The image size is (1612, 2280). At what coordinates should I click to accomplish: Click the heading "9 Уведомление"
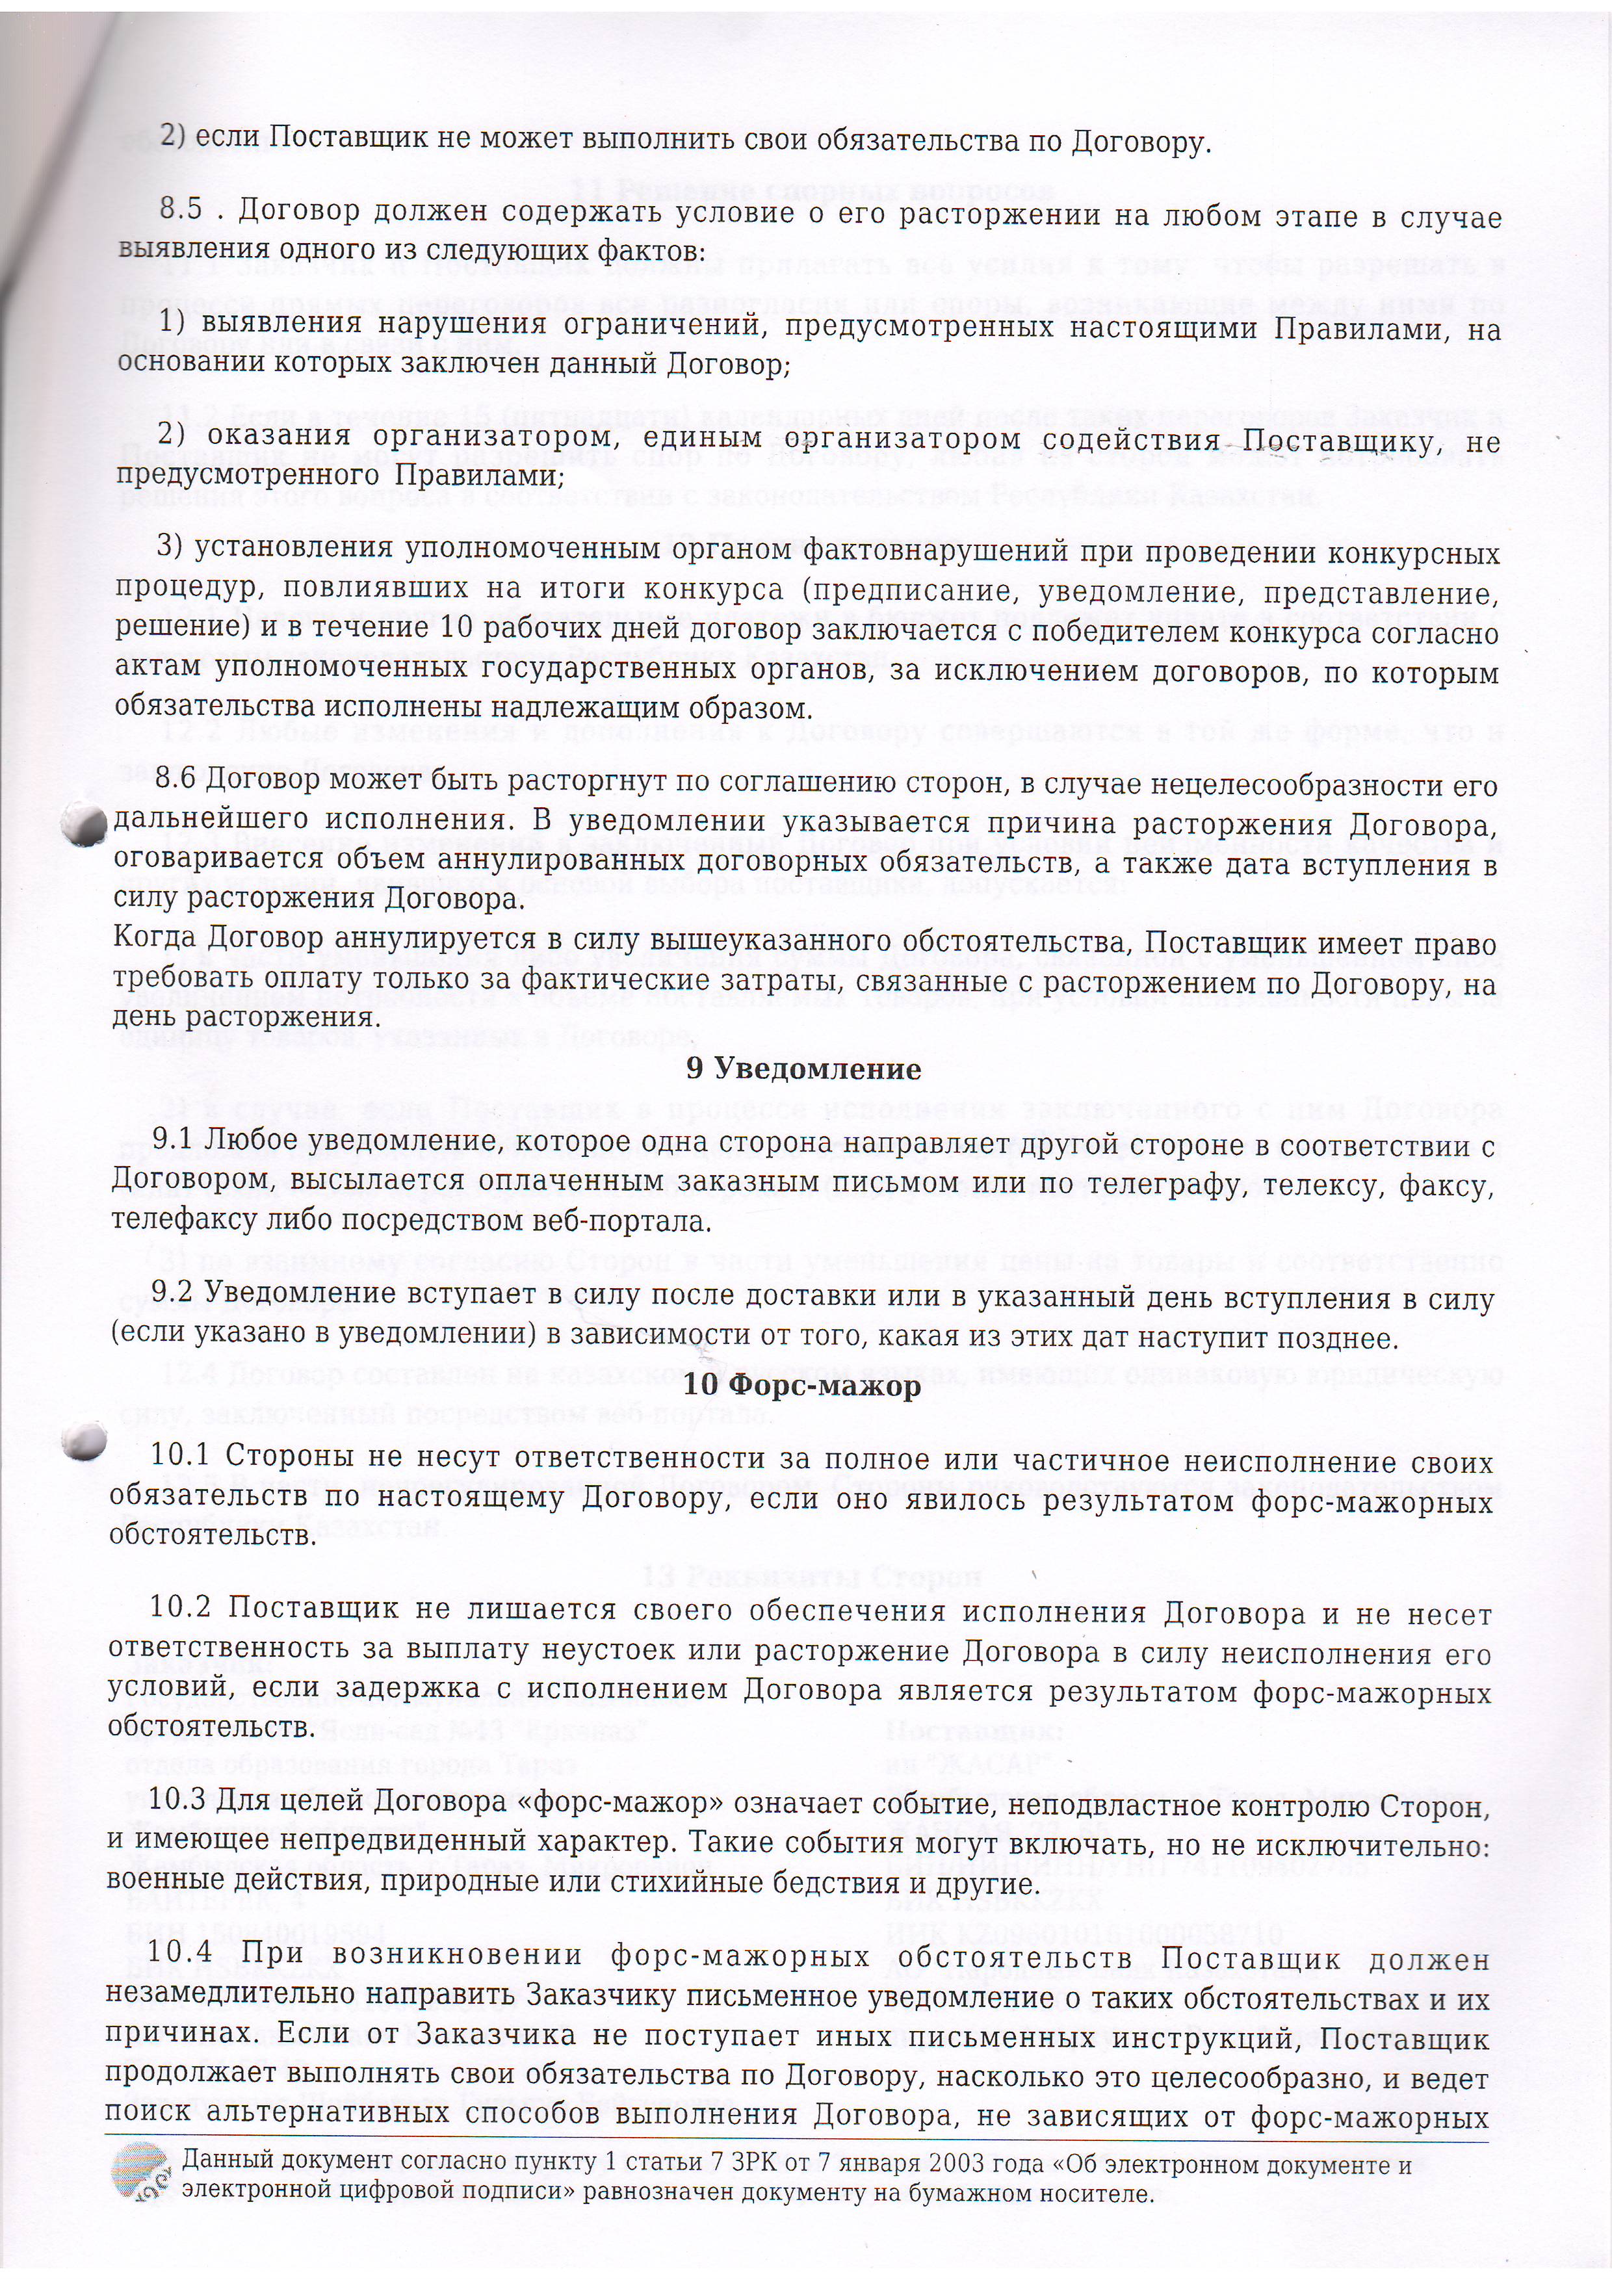point(803,1070)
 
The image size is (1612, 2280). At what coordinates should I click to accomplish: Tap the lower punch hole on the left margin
point(83,1442)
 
